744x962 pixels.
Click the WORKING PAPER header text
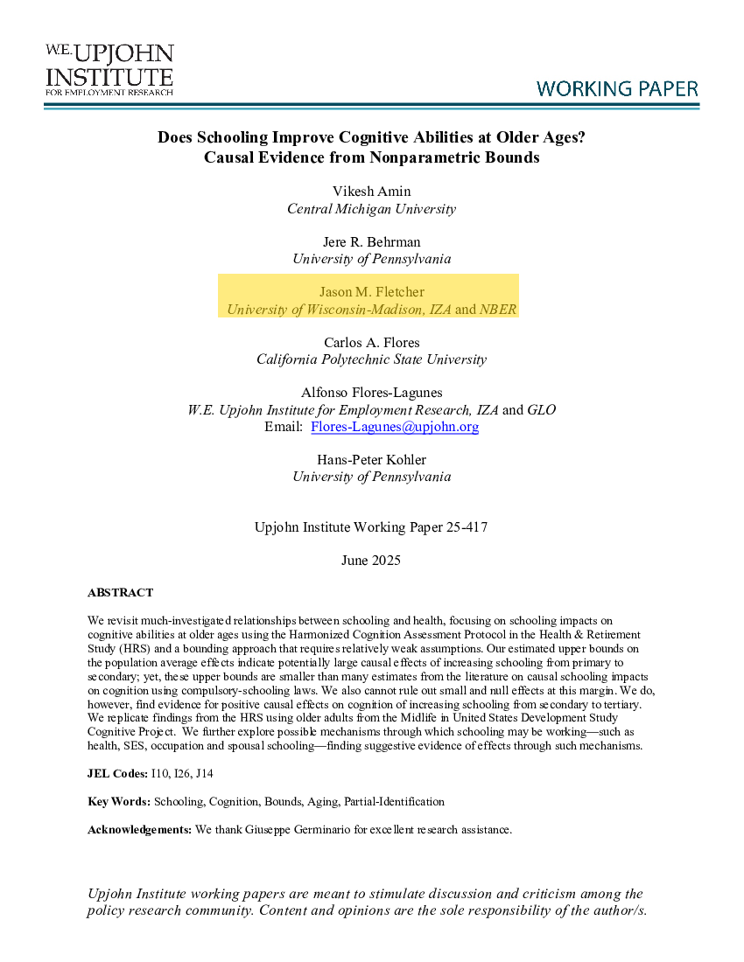[617, 88]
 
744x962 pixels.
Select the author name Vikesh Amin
[371, 191]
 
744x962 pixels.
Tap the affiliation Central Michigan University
[371, 208]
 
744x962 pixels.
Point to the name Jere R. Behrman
[371, 241]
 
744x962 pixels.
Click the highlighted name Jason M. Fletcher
[371, 292]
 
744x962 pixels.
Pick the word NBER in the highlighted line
[498, 309]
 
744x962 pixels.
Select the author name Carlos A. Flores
[371, 342]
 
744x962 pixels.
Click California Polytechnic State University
[371, 359]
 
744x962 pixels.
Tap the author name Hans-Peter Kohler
[371, 459]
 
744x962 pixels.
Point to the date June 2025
[371, 560]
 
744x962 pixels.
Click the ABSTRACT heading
[120, 593]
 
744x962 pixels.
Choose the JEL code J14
[205, 774]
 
